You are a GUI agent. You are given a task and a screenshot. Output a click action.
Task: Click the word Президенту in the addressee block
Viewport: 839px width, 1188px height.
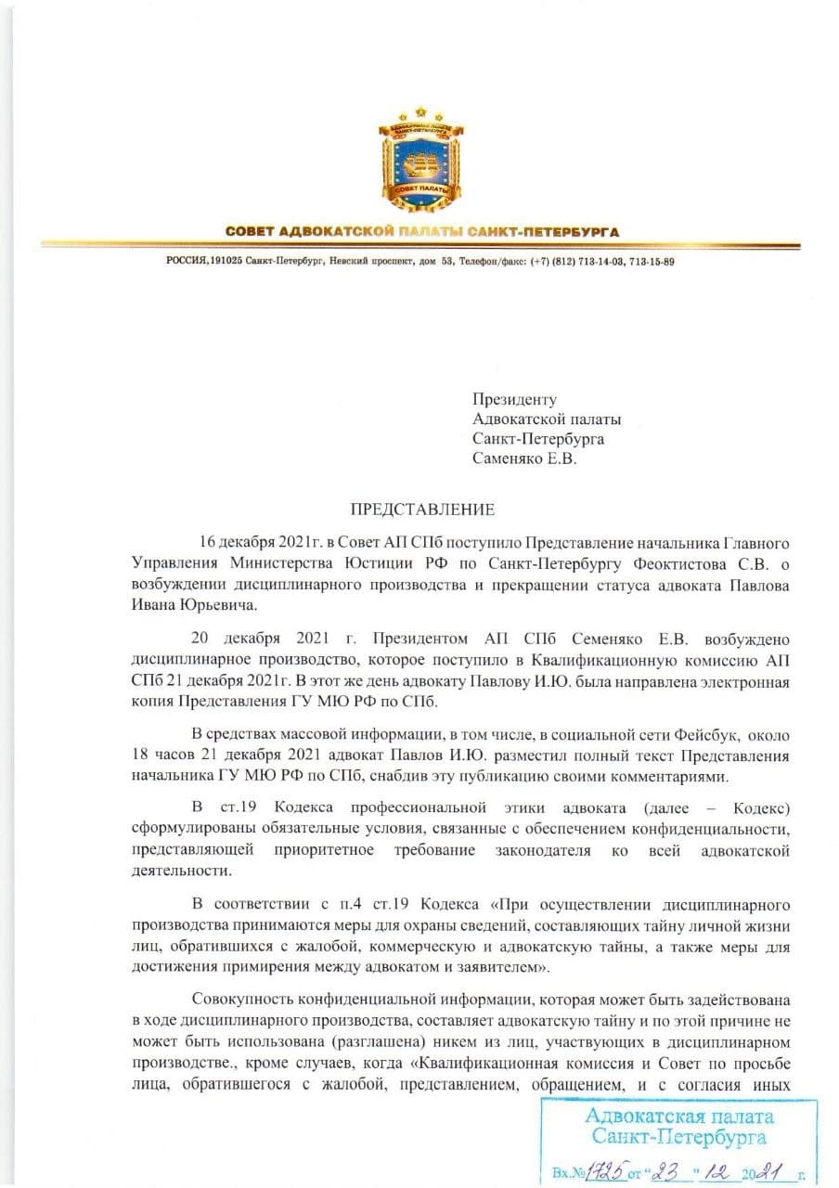coord(514,400)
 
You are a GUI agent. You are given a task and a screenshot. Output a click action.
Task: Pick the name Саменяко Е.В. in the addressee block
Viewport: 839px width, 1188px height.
coord(524,458)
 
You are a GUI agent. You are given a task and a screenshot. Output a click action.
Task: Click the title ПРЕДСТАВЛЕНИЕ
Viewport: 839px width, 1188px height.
coord(422,509)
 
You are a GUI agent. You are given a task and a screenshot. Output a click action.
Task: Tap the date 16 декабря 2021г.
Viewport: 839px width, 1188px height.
coord(265,541)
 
